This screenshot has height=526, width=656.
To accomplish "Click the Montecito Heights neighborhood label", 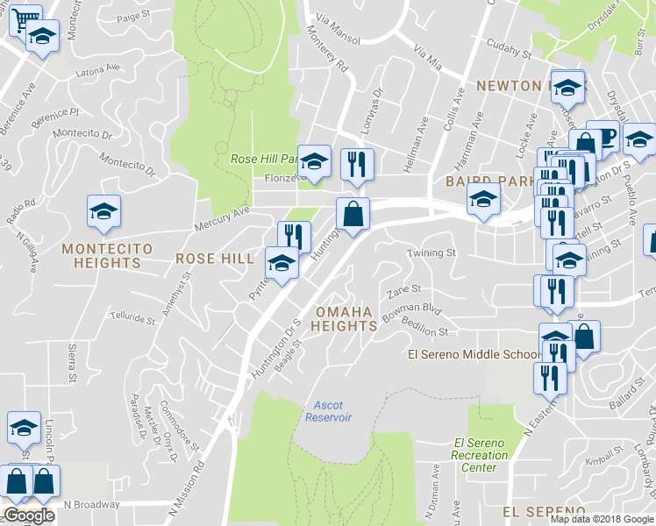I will [107, 257].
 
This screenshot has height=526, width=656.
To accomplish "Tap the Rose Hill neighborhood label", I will [214, 259].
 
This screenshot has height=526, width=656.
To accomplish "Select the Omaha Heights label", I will [346, 319].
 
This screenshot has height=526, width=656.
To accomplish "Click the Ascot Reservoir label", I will [328, 411].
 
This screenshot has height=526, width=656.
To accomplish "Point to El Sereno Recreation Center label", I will [480, 455].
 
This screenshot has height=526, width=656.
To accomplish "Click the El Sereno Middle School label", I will [474, 354].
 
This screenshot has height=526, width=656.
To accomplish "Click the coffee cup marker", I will [603, 134].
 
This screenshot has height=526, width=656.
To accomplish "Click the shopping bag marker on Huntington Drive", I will [353, 213].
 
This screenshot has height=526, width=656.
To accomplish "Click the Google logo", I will [29, 515].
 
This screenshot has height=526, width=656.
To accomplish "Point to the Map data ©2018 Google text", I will [603, 519].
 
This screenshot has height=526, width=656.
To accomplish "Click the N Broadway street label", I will [91, 504].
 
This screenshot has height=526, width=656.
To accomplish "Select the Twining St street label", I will [431, 252].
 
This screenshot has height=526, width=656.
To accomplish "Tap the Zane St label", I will [404, 288].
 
